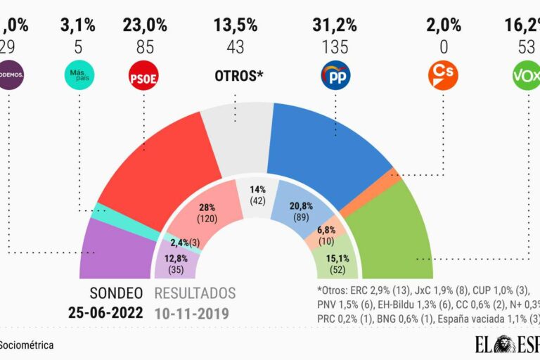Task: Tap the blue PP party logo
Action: click(x=335, y=75)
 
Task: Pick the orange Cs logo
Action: click(x=443, y=75)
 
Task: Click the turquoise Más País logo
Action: click(x=79, y=75)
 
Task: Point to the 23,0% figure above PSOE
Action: click(x=144, y=26)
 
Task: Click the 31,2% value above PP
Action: click(x=335, y=26)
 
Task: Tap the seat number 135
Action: click(x=335, y=48)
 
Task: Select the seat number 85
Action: click(x=144, y=48)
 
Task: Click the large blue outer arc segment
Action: click(x=323, y=148)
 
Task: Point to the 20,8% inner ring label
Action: click(x=302, y=206)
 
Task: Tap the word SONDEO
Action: click(x=116, y=293)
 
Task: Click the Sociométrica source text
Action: click(x=27, y=345)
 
